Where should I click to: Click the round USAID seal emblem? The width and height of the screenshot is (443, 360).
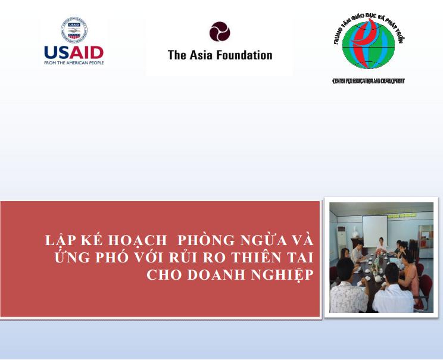74,31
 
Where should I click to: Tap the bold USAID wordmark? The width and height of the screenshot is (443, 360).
74,52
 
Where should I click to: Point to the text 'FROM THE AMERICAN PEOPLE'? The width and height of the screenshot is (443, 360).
74,63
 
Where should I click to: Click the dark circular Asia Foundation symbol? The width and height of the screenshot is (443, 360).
220,32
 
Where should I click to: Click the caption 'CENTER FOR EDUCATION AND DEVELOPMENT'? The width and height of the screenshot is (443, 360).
368,80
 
